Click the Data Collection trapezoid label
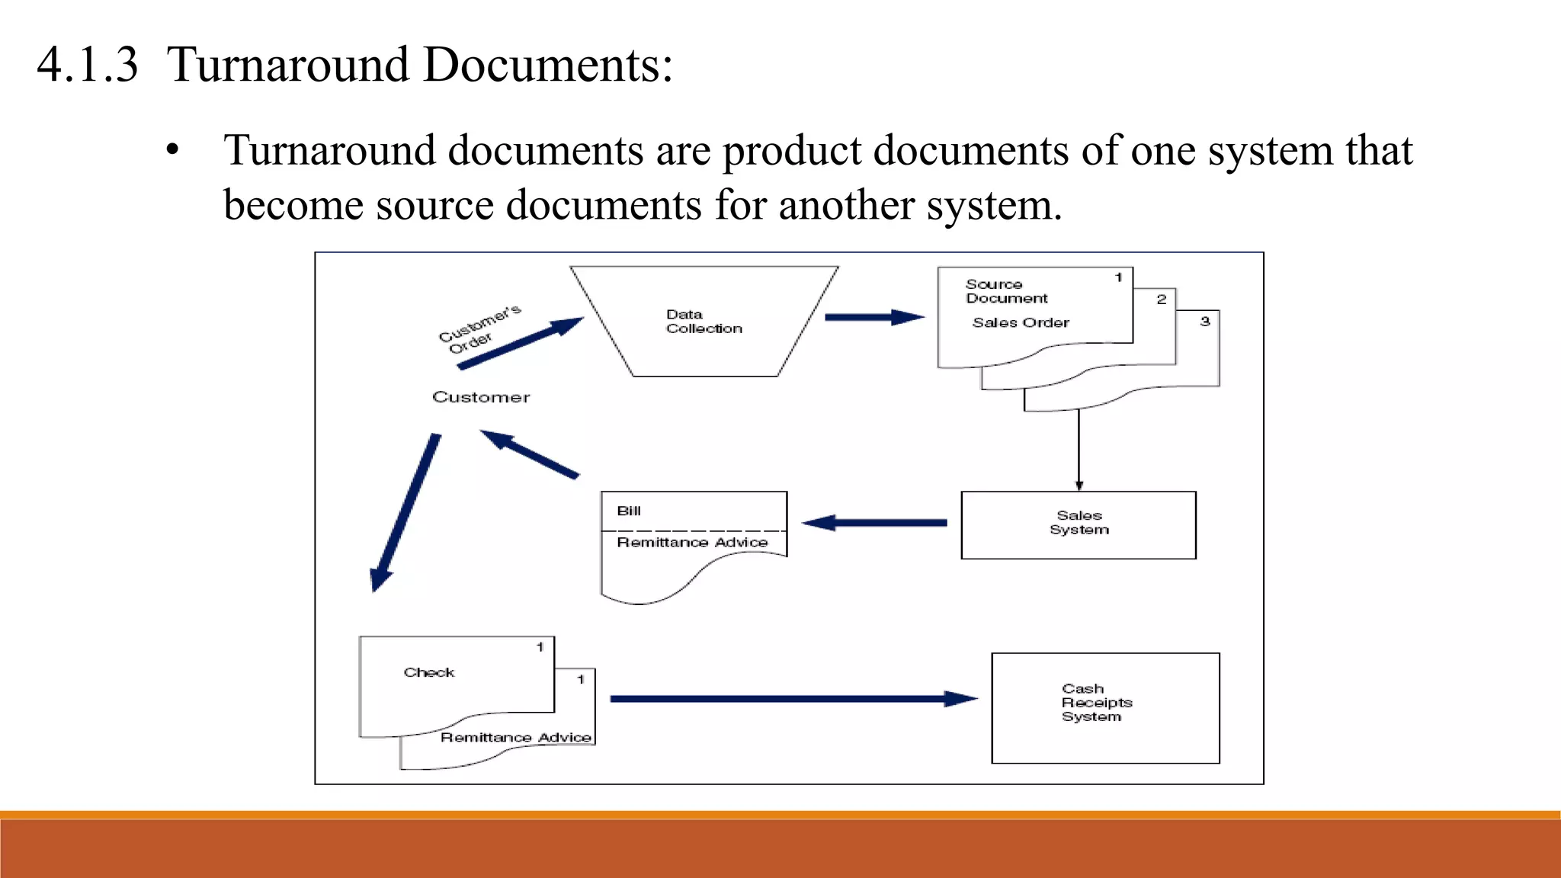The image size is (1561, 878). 704,322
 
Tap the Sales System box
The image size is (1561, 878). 1079,524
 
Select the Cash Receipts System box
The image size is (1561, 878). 1104,707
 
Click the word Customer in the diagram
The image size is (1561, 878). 481,397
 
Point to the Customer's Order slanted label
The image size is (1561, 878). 479,328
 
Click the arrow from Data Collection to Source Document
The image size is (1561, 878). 874,317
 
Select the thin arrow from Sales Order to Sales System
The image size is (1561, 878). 1079,450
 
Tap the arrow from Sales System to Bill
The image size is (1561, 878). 875,523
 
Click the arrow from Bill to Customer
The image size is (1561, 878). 530,454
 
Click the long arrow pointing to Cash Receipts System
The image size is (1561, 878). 793,698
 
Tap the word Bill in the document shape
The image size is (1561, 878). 629,511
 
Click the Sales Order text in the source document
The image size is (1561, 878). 1021,323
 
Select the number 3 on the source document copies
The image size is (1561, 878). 1205,322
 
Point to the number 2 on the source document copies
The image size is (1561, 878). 1162,300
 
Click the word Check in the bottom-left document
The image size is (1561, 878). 429,672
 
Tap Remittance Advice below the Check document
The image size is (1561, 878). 516,738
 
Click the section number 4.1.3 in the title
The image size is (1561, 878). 88,65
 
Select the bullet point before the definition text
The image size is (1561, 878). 173,150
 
